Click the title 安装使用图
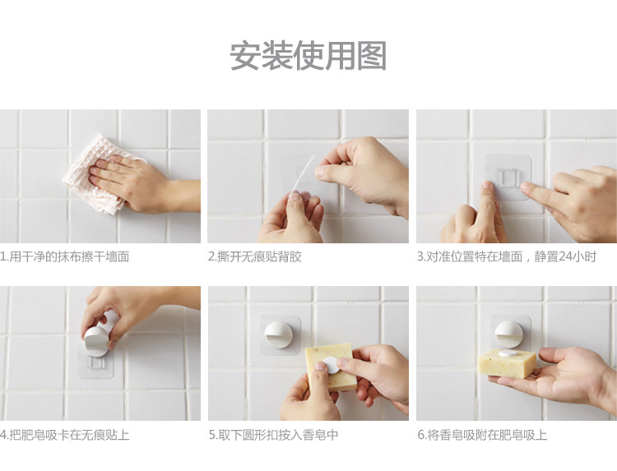(x=308, y=56)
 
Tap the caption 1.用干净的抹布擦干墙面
(x=64, y=256)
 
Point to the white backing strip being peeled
(x=303, y=175)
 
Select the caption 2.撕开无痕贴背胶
(x=255, y=256)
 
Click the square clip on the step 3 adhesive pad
(x=507, y=177)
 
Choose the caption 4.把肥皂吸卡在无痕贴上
(x=64, y=435)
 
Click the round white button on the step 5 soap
(x=332, y=365)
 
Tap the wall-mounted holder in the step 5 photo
(x=278, y=335)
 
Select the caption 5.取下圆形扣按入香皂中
(x=273, y=435)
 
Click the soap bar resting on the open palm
(x=507, y=362)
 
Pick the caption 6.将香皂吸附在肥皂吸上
(x=482, y=435)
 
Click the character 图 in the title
(x=371, y=56)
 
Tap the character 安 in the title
(x=245, y=56)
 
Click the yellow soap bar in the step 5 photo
(x=330, y=367)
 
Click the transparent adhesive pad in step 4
(x=96, y=363)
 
